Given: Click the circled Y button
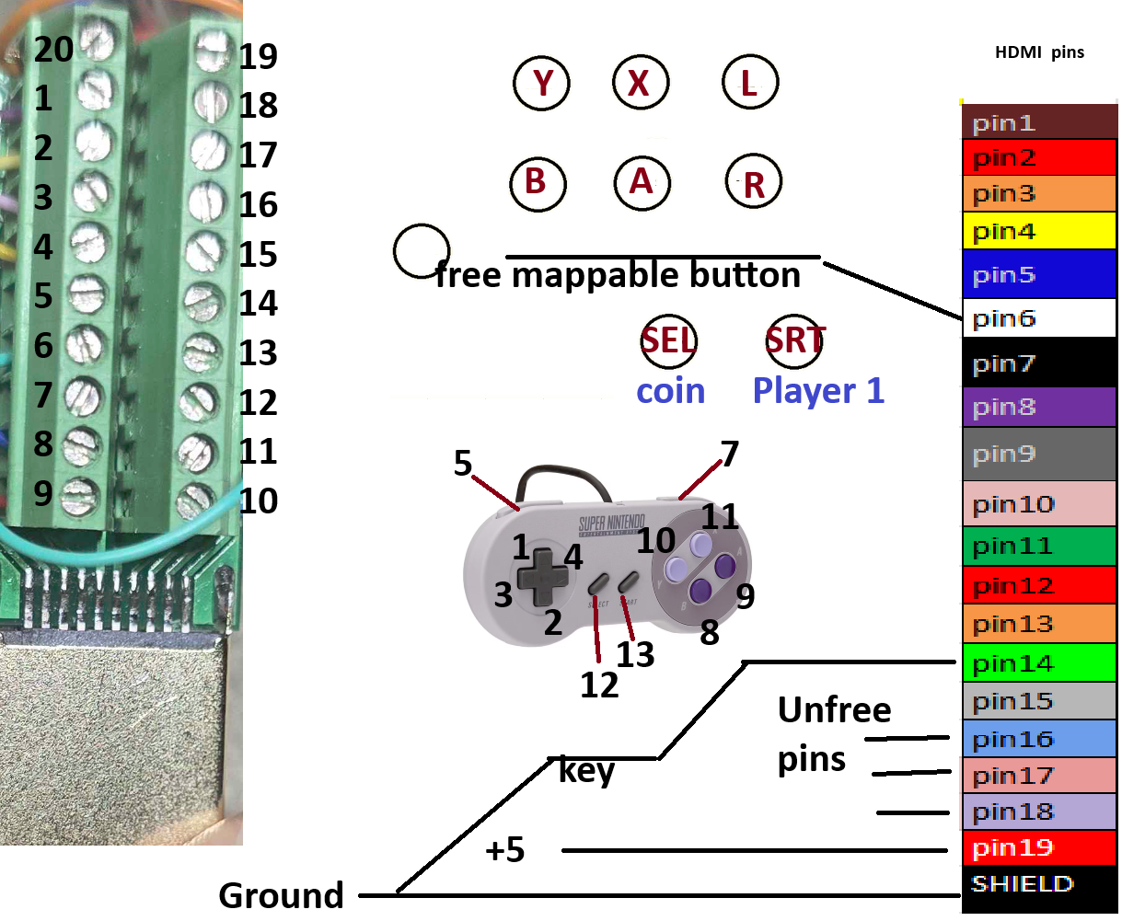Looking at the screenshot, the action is coord(541,83).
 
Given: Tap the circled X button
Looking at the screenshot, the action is coord(641,82).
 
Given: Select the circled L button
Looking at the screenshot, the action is coord(750,82).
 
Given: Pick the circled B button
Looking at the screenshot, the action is coord(538,183).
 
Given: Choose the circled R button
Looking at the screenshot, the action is coord(753,181).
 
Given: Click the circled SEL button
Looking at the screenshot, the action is coord(669,340).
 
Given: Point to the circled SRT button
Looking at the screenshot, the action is coord(795,340).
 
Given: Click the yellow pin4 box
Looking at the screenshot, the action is coord(1038,230).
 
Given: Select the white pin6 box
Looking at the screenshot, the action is coord(1038,317).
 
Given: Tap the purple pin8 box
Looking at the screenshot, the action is coord(1038,407).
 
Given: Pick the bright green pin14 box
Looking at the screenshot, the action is coord(1038,662).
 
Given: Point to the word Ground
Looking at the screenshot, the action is coord(281,895).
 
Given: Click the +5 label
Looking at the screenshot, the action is coord(504,849).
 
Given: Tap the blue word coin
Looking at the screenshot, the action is coord(670,391).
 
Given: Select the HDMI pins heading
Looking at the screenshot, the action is coord(1039,52).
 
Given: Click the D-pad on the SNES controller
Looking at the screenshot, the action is coord(543,577).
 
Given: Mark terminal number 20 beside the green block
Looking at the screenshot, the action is coord(53,50).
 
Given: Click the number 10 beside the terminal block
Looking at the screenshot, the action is coord(258,501).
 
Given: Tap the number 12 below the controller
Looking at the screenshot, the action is coord(599,685).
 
